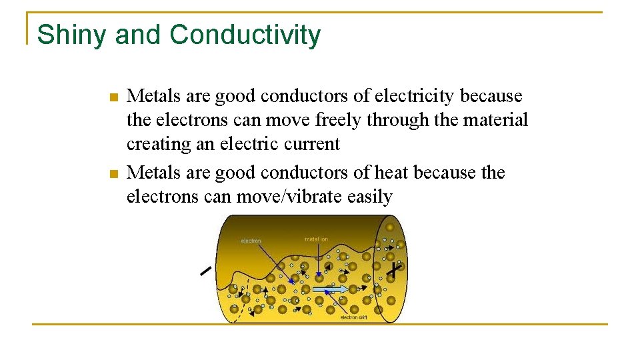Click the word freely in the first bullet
tap(329, 120)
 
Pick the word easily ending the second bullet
tap(370, 197)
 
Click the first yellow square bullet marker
tap(113, 97)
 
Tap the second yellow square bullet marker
tap(113, 174)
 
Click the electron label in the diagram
tap(251, 241)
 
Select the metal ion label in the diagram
tap(316, 239)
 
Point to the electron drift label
tap(353, 317)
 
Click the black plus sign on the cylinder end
tap(396, 270)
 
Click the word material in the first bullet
tap(497, 120)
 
